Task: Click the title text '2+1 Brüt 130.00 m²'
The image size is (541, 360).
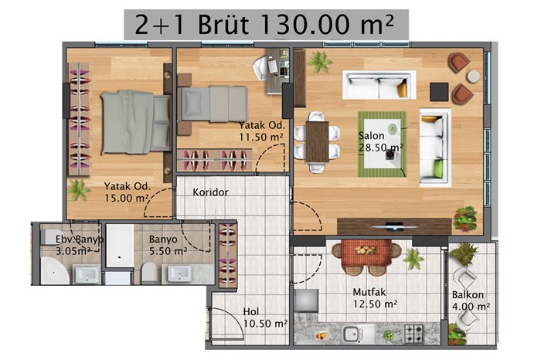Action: [264, 25]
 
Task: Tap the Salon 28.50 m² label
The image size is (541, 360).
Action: [380, 141]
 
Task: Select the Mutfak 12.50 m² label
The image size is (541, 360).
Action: [375, 298]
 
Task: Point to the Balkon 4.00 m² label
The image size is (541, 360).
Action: [471, 301]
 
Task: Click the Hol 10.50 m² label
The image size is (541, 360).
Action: [265, 318]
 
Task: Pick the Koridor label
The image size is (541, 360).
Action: [210, 192]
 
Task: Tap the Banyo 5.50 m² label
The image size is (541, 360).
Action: [168, 245]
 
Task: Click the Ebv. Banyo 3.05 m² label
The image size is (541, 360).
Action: [80, 245]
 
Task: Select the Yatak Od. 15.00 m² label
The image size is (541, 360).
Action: [128, 192]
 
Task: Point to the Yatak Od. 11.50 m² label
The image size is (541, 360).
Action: [262, 131]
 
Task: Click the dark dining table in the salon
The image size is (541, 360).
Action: [317, 141]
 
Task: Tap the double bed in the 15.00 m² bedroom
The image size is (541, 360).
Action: [135, 122]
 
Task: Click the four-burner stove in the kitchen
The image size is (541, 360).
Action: [414, 333]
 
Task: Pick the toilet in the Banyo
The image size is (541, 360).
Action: [149, 273]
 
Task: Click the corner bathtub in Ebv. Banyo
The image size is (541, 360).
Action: [55, 271]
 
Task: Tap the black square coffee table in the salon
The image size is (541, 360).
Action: [439, 92]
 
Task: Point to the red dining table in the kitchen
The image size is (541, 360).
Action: [366, 253]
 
